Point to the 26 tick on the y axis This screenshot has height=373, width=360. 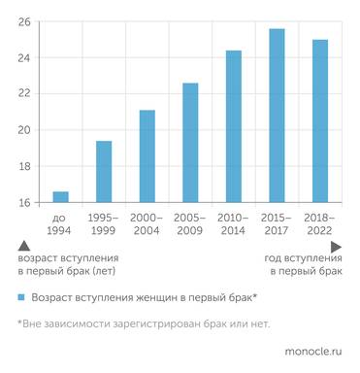pos(24,22)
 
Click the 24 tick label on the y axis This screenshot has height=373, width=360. pos(24,58)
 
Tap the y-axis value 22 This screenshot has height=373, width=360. pos(24,94)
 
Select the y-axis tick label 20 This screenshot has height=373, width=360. pos(24,130)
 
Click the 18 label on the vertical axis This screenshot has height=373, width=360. pos(24,166)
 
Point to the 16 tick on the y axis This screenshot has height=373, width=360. pos(24,202)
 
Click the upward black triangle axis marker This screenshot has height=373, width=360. pos(22,249)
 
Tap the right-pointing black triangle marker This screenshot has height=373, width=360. pos(336,249)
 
